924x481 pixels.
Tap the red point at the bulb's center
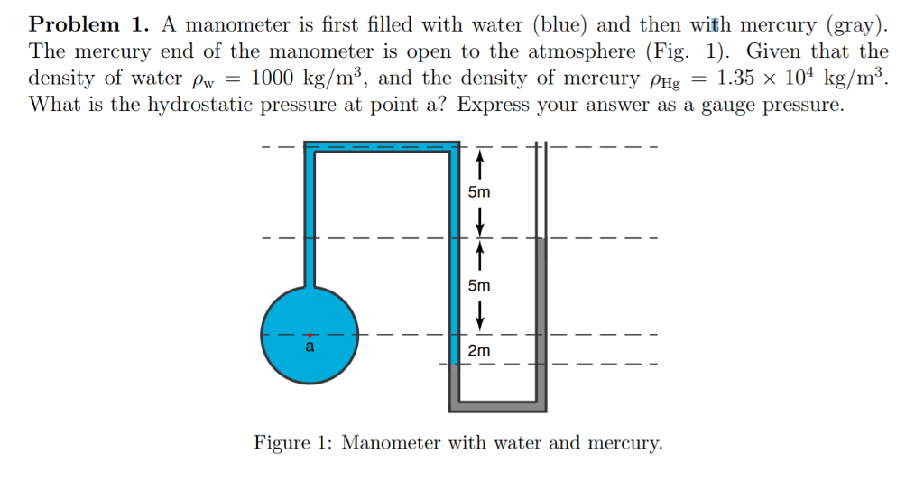tap(310, 335)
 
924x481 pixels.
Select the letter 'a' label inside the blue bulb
tap(310, 347)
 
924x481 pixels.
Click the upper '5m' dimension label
tap(479, 192)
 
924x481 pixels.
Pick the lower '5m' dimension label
tap(479, 285)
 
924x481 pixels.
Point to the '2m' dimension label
tap(479, 350)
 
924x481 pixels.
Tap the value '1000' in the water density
tap(277, 78)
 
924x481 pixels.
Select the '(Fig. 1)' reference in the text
tap(712, 51)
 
